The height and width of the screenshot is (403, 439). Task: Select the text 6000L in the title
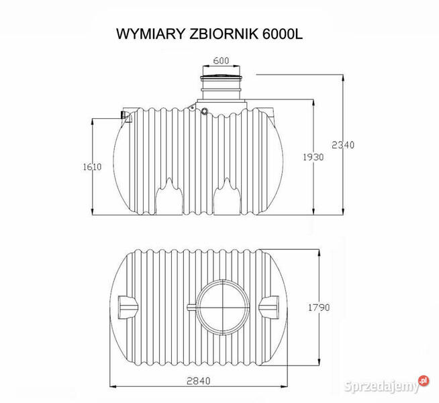[279, 33]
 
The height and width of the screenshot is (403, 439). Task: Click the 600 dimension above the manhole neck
[221, 61]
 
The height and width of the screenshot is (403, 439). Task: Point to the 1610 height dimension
[93, 167]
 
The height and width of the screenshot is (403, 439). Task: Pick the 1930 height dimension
[313, 157]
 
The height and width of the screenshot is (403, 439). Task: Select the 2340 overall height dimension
[343, 144]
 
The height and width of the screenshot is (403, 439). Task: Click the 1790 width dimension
[318, 308]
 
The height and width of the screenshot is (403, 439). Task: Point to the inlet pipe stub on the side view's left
[126, 117]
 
